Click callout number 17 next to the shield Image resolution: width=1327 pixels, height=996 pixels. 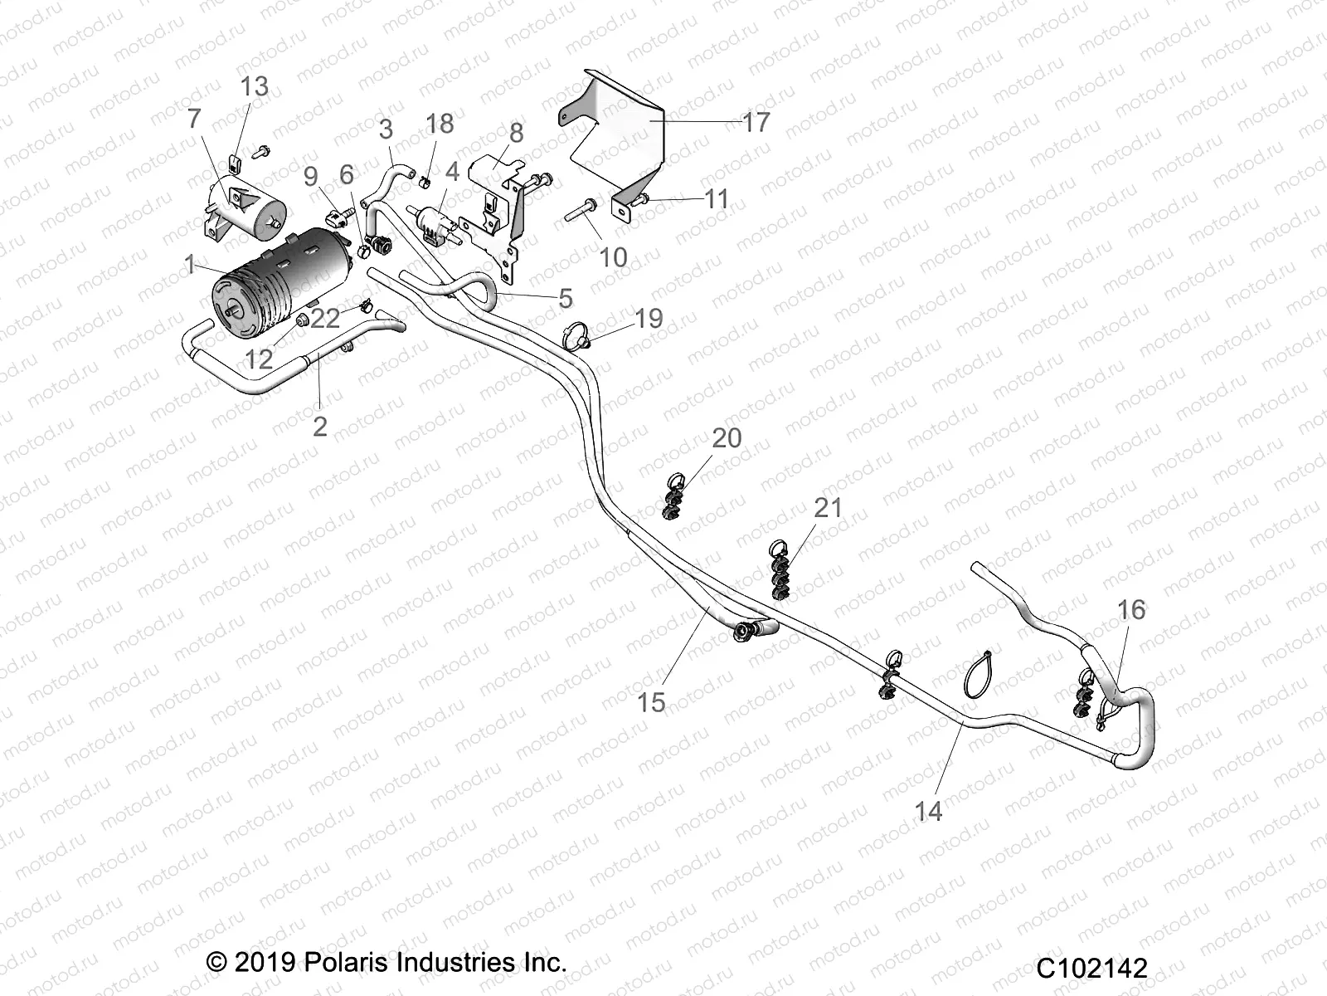(756, 123)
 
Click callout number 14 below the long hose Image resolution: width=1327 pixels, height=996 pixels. (928, 811)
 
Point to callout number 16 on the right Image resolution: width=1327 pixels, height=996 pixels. (1131, 610)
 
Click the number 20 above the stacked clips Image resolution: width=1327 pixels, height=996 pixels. (727, 438)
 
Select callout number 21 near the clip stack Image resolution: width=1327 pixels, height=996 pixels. (828, 507)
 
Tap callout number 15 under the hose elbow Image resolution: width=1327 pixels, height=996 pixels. (651, 702)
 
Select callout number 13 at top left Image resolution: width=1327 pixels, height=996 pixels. (255, 86)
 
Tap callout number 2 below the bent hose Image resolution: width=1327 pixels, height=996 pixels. (319, 426)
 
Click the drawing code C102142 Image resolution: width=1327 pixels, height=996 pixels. (1091, 968)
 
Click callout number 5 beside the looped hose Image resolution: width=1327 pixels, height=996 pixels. (565, 297)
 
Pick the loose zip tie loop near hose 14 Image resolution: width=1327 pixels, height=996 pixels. (980, 673)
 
